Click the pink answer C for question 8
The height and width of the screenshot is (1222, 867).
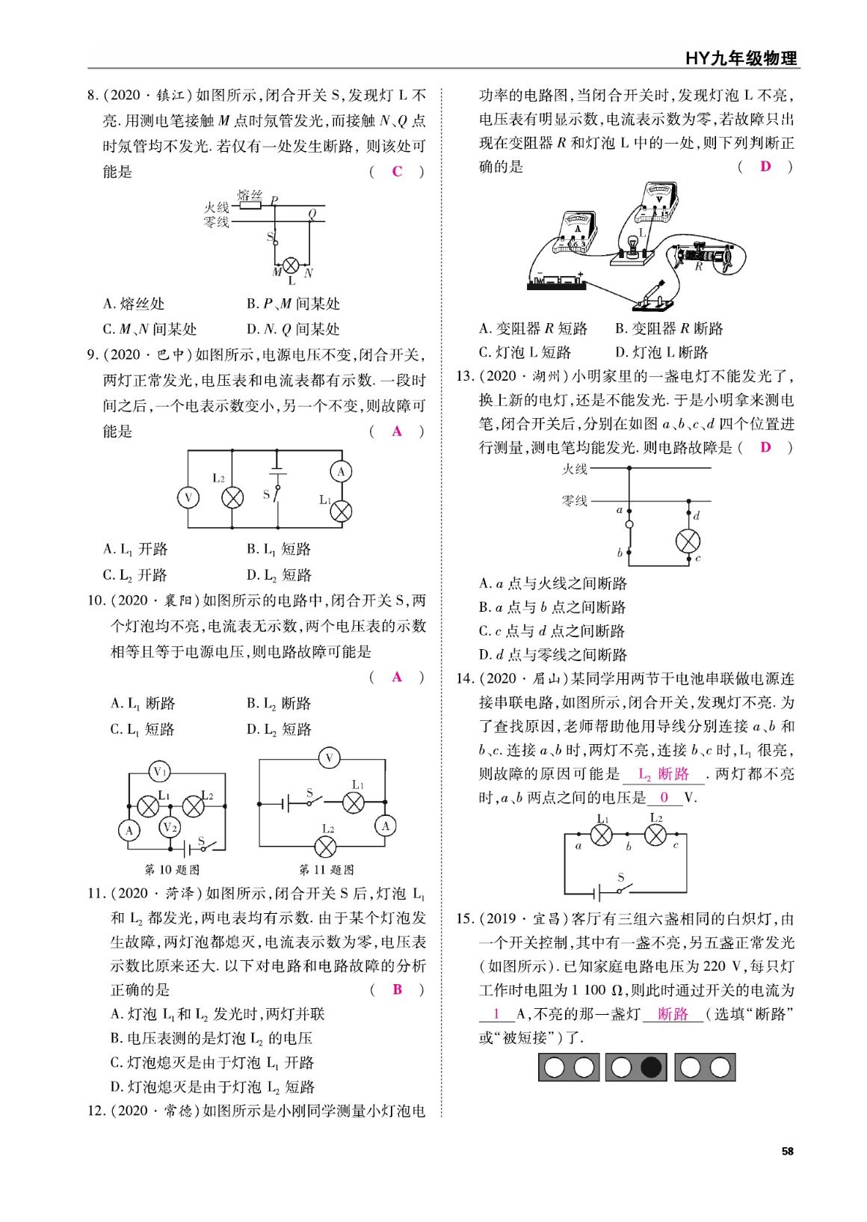click(397, 171)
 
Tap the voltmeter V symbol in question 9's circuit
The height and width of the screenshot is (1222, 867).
click(188, 497)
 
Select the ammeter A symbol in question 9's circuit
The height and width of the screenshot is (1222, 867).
click(342, 471)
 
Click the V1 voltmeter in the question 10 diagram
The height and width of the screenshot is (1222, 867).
click(159, 771)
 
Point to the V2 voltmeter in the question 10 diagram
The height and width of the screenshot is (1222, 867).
click(170, 826)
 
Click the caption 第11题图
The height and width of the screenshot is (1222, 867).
click(327, 870)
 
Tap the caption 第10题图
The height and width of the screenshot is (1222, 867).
click(172, 870)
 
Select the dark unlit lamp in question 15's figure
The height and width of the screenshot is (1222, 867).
click(651, 1066)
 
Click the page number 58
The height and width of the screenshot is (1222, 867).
click(787, 1151)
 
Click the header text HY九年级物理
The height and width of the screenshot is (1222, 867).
click(741, 58)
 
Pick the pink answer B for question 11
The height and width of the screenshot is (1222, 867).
click(397, 989)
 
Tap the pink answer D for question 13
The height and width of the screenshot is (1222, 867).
click(765, 447)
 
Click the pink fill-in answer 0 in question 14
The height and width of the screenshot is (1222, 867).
click(664, 797)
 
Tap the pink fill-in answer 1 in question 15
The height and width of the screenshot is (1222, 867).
click(497, 1014)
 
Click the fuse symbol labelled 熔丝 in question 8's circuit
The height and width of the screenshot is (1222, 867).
click(250, 206)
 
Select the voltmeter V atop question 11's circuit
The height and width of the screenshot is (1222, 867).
click(329, 759)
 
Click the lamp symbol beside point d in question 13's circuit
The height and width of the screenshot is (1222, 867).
click(687, 540)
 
